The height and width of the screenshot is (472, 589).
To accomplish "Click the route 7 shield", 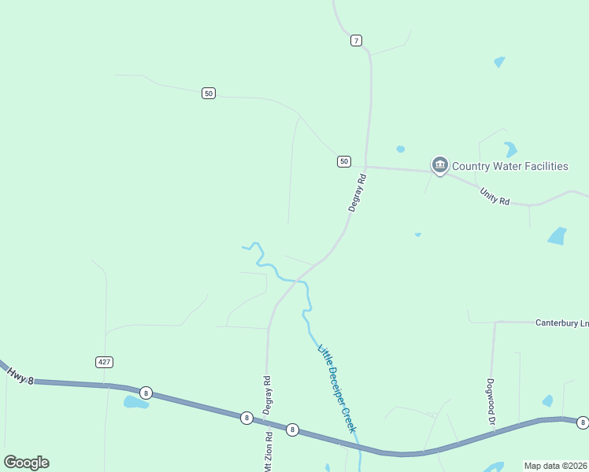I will tap(356, 40).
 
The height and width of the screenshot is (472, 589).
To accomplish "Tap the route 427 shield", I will tap(105, 362).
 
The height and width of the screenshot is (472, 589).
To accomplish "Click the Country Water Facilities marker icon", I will tap(439, 165).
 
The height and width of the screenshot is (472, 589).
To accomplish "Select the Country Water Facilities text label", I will tap(509, 166).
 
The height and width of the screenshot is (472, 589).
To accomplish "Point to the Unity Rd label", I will tap(495, 197).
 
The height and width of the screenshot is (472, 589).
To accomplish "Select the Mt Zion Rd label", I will tap(269, 448).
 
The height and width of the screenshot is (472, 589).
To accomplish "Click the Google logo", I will tap(26, 462).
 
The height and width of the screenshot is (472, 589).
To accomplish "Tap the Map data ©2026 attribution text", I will tap(556, 466).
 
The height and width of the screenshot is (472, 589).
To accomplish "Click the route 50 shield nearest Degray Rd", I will tap(343, 161).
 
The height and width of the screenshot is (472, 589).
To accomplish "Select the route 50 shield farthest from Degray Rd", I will tap(208, 93).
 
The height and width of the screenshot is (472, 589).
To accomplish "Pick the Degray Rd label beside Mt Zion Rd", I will tap(268, 395).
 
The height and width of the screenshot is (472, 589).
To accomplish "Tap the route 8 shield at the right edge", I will tap(582, 423).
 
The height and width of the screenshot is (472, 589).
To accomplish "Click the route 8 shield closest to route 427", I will tap(145, 393).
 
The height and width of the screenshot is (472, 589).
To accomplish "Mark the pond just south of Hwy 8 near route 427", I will tap(135, 403).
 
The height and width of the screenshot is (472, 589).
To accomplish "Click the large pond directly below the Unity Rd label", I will tap(558, 236).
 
